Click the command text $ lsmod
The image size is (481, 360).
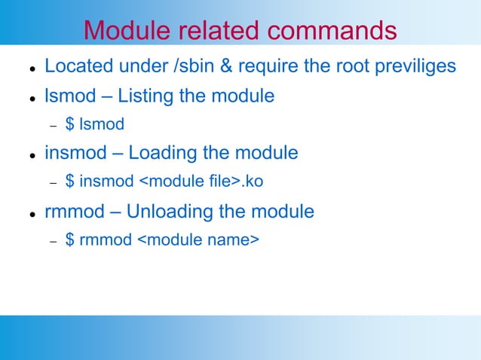(x=95, y=124)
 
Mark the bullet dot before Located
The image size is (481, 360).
(x=25, y=69)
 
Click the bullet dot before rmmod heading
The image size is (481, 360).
(x=25, y=214)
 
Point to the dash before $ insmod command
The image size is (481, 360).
(x=54, y=182)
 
